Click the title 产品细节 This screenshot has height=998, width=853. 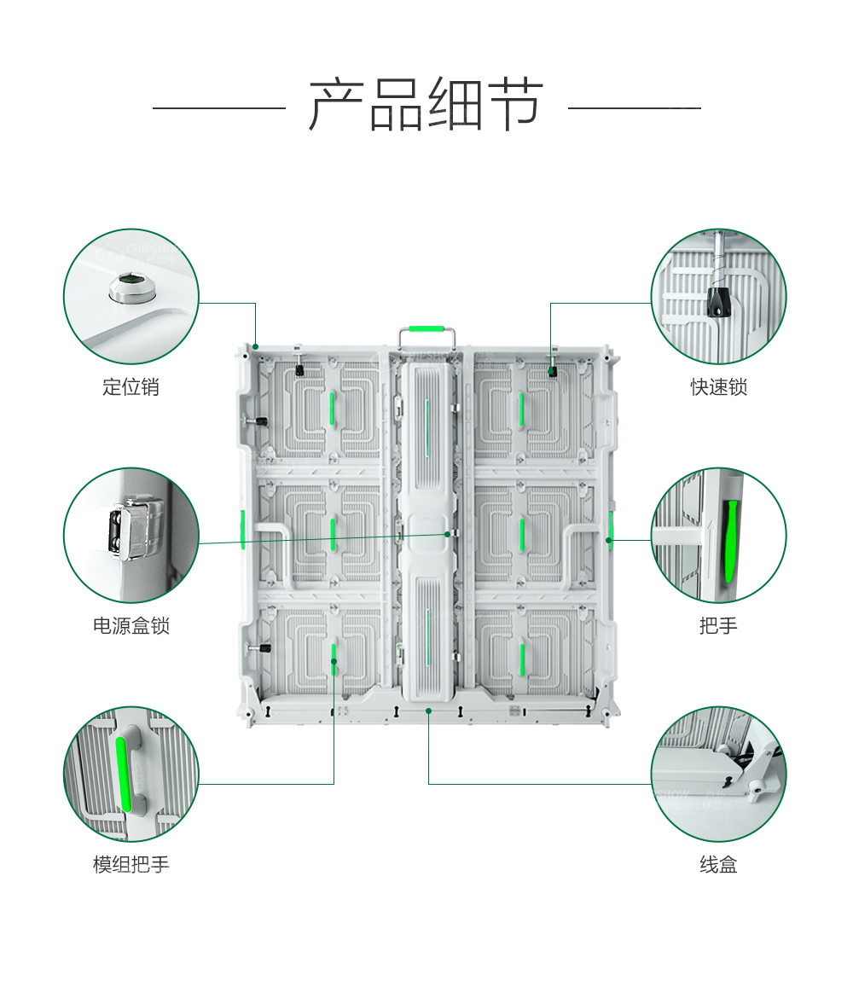426,106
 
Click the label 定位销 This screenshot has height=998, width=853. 131,387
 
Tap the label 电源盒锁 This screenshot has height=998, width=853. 131,626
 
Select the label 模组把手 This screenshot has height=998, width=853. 131,865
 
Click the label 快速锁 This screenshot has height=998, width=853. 718,387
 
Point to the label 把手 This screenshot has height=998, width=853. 718,626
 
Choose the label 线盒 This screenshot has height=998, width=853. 718,865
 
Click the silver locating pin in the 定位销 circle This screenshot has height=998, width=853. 132,287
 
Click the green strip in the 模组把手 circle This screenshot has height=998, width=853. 122,773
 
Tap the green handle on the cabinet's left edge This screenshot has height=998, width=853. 243,528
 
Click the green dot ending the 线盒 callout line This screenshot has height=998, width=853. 428,710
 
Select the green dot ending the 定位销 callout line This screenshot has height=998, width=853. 255,346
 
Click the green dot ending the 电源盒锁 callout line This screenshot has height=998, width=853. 447,533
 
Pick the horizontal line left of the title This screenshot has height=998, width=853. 218,108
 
